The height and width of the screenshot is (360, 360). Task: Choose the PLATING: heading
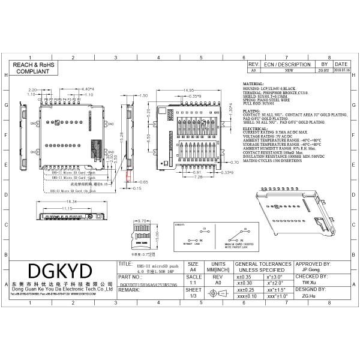251,110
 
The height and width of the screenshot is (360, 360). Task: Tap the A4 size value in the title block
193,271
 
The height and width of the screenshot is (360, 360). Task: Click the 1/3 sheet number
193,296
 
